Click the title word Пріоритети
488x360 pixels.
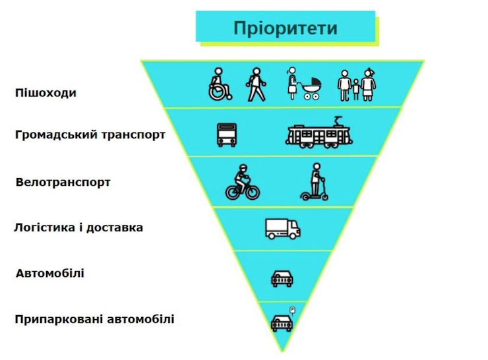click(285, 28)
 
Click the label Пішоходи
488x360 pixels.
click(46, 92)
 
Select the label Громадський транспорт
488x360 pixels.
click(90, 135)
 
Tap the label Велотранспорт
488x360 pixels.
click(63, 181)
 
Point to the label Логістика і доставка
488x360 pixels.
click(78, 227)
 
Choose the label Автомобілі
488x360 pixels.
click(50, 273)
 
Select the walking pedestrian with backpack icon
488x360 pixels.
click(256, 85)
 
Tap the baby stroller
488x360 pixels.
click(311, 89)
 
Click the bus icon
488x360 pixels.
click(226, 135)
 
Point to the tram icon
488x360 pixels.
click(319, 133)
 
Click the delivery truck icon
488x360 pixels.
click(282, 228)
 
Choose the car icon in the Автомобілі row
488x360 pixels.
click(282, 278)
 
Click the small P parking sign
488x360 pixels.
click(291, 309)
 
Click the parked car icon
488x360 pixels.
click(281, 322)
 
